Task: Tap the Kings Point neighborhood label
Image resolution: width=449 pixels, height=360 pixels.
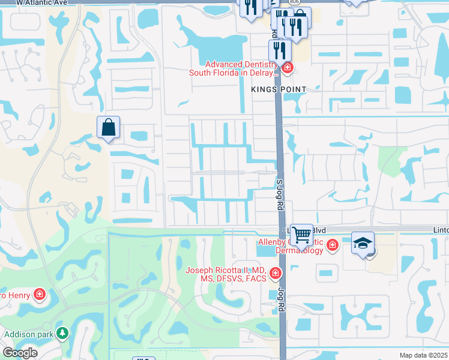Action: click(279, 89)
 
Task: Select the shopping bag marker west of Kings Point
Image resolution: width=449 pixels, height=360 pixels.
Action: click(108, 128)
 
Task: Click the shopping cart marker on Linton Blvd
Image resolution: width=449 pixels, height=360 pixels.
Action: click(301, 234)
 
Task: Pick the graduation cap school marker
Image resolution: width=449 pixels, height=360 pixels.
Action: click(363, 243)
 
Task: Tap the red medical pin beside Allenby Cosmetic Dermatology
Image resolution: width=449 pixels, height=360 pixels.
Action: click(332, 245)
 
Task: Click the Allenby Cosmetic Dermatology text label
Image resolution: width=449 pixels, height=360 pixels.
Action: click(291, 246)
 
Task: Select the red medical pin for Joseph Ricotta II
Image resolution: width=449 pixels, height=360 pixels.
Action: click(275, 274)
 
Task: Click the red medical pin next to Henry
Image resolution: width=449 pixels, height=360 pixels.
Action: click(40, 295)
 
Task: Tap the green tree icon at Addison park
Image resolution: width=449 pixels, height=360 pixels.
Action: click(62, 332)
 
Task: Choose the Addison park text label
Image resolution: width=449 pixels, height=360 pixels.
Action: click(29, 334)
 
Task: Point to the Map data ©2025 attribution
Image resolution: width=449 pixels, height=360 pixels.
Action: click(423, 355)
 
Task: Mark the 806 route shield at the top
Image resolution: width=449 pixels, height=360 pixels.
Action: click(294, 2)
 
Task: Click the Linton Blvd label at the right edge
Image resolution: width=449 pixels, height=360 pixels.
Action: click(440, 230)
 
